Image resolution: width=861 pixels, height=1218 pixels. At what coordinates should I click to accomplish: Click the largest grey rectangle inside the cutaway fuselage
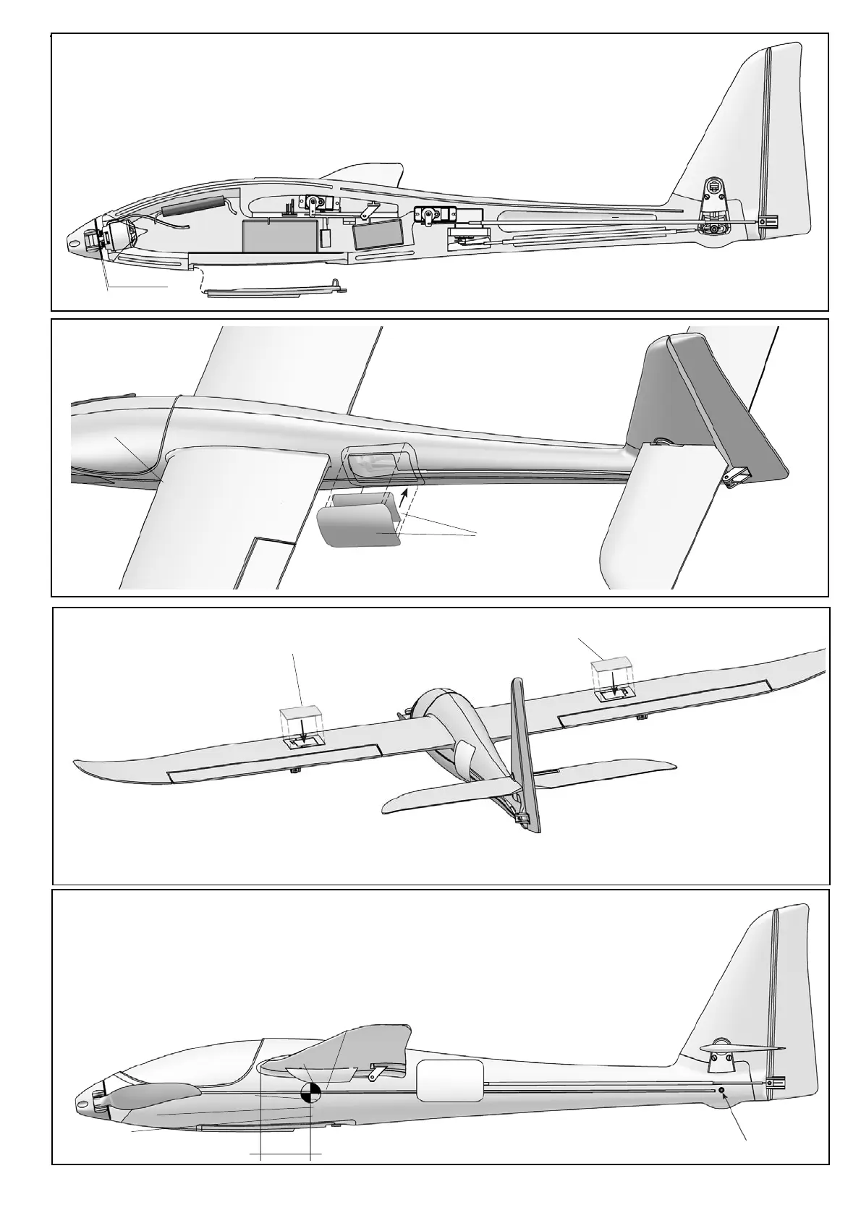click(279, 236)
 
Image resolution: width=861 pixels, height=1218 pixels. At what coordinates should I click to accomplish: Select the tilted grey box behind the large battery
click(377, 234)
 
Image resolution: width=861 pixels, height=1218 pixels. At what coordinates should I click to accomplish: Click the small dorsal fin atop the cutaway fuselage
click(366, 174)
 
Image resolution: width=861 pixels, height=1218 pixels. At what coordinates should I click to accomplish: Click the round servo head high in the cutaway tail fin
click(714, 186)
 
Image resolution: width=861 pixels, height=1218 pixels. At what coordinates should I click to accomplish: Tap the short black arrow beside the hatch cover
click(403, 498)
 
